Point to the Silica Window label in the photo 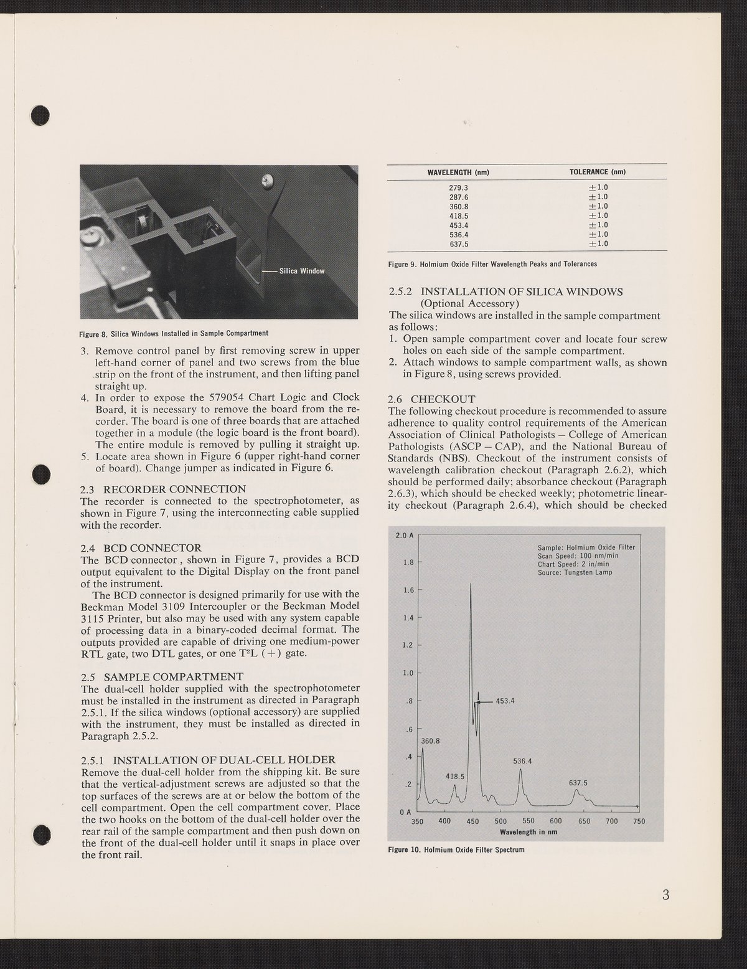(x=302, y=271)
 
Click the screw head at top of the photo (x=267, y=181)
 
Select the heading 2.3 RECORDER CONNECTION (x=163, y=489)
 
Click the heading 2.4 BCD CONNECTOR (x=141, y=548)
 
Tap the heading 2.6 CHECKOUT (x=431, y=399)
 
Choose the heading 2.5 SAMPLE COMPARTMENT (x=162, y=676)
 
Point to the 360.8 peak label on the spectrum (x=430, y=741)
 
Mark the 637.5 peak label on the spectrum (x=578, y=783)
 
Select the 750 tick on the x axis (x=639, y=821)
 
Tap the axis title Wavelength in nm (x=527, y=832)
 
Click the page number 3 (x=665, y=896)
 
